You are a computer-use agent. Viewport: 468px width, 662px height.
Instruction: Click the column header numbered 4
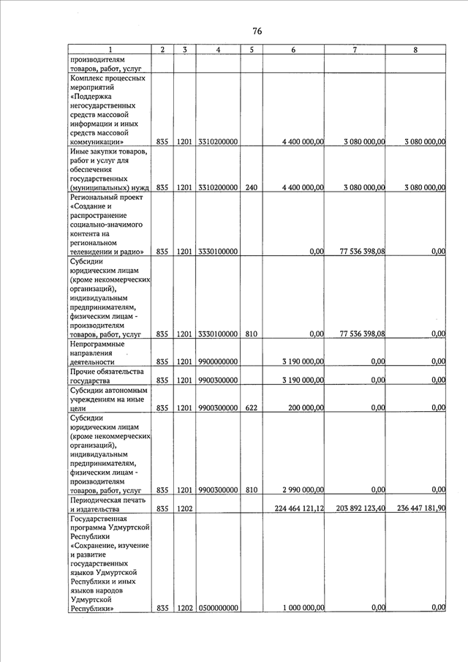click(x=218, y=50)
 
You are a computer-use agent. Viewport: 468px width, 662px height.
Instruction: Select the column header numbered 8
click(x=415, y=50)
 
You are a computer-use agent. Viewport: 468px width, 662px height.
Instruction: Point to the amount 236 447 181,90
click(x=415, y=508)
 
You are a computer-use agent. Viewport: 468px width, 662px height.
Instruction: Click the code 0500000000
click(x=218, y=607)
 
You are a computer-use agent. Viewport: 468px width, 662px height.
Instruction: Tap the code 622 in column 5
click(x=251, y=408)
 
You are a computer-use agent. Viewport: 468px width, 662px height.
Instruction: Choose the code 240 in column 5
click(x=251, y=188)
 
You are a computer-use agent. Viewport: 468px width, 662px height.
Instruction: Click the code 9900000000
click(x=218, y=361)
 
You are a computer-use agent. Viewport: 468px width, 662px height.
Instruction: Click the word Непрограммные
click(x=97, y=343)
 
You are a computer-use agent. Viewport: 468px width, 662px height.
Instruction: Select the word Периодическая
click(x=99, y=500)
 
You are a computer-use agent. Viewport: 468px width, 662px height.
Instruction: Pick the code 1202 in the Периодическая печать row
click(x=184, y=508)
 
